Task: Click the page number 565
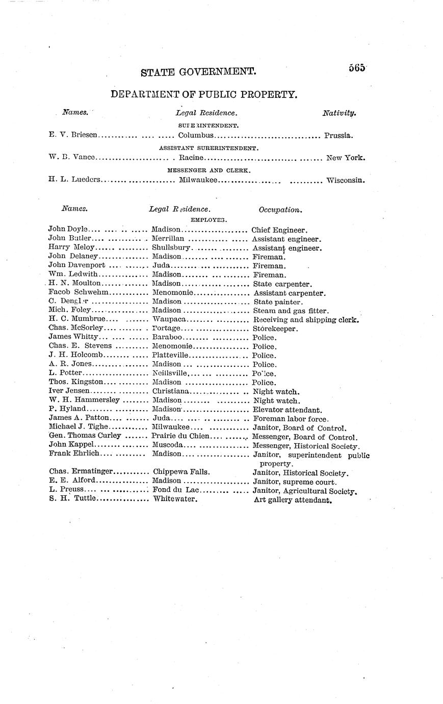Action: [x=357, y=68]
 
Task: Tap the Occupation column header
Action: [x=280, y=209]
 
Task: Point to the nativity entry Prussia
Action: [x=338, y=136]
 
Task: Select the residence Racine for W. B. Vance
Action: [x=191, y=158]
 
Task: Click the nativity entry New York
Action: [x=346, y=158]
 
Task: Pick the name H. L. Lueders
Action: [x=74, y=180]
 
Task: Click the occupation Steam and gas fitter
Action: [x=291, y=310]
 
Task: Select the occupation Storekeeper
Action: [x=275, y=329]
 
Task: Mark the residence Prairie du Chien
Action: [x=180, y=436]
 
